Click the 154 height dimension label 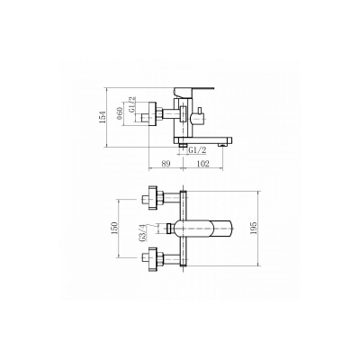click(103, 117)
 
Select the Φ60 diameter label click(120, 114)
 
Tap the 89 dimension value click(166, 164)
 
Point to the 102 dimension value click(202, 164)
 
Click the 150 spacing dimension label click(114, 229)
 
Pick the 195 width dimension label click(254, 229)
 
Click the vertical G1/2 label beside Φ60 click(132, 104)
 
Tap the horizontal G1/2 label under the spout click(198, 150)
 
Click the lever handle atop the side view click(193, 92)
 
